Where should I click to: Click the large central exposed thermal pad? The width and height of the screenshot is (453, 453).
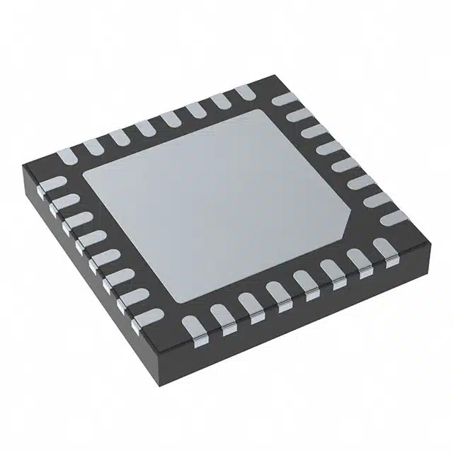tap(219, 205)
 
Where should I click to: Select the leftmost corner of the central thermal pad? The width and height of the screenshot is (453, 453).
tap(84, 174)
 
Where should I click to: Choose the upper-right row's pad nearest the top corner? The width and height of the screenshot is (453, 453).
tap(282, 99)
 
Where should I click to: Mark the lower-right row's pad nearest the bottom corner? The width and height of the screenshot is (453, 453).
tap(192, 326)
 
